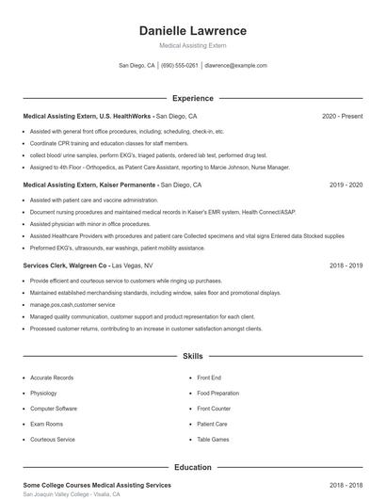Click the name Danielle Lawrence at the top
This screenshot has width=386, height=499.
pyautogui.click(x=192, y=30)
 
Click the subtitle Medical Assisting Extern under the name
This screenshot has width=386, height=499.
pyautogui.click(x=192, y=45)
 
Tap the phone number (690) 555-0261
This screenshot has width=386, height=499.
pyautogui.click(x=180, y=66)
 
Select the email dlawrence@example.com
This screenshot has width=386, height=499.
pyautogui.click(x=235, y=66)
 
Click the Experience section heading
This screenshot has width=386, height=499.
pyautogui.click(x=192, y=98)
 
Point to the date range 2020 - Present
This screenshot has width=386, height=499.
pyautogui.click(x=342, y=116)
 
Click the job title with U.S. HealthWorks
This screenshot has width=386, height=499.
pyautogui.click(x=88, y=116)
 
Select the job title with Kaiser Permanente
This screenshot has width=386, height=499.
pyautogui.click(x=89, y=185)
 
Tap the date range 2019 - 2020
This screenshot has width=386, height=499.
pyautogui.click(x=346, y=185)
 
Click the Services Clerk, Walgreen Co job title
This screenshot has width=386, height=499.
pyautogui.click(x=65, y=266)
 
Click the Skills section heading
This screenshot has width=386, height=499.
pyautogui.click(x=192, y=357)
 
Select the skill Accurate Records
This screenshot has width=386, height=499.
pyautogui.click(x=51, y=378)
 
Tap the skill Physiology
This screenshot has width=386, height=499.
pyautogui.click(x=43, y=393)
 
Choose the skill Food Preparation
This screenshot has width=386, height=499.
pyautogui.click(x=217, y=393)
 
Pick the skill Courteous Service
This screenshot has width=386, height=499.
pyautogui.click(x=52, y=439)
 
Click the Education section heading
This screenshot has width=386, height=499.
pyautogui.click(x=192, y=467)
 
